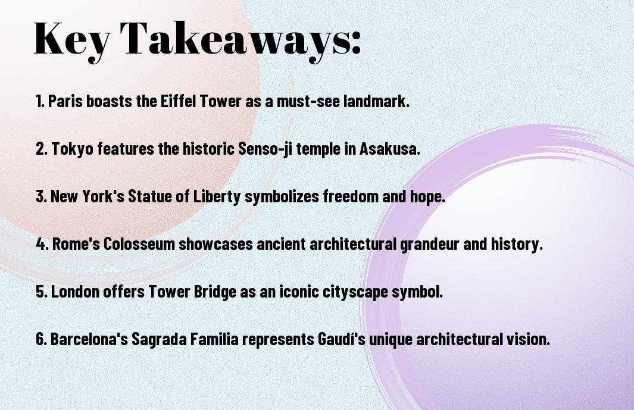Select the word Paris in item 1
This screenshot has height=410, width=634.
65,102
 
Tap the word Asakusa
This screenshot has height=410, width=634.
389,149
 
